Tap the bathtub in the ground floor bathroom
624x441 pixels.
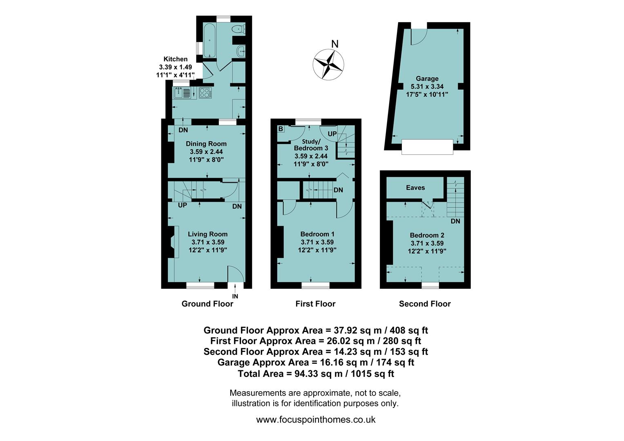(210, 40)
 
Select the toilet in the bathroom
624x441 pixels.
(238, 29)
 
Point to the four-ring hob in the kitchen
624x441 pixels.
(205, 93)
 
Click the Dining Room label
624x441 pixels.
(206, 144)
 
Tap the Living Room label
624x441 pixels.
(207, 234)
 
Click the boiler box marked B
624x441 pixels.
(281, 129)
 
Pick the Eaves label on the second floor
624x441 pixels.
(415, 188)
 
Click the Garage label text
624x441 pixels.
(427, 78)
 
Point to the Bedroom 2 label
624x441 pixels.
(427, 235)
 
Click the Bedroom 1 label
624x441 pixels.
(317, 234)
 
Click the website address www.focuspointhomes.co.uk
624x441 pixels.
(316, 419)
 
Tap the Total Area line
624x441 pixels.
(316, 373)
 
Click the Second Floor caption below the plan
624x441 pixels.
(425, 304)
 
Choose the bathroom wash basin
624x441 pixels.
(241, 51)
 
